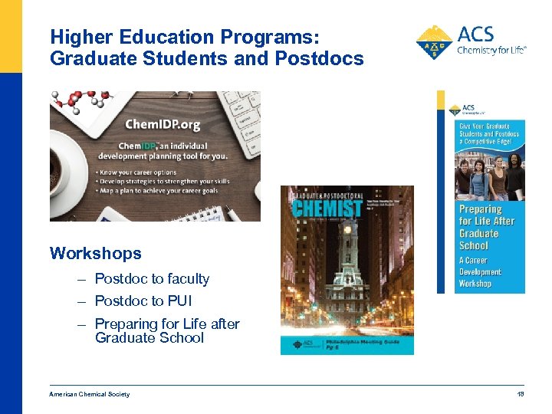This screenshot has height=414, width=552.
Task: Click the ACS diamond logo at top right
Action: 434,42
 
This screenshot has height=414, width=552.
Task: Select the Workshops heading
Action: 96,253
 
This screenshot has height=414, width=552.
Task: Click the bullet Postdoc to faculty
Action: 152,279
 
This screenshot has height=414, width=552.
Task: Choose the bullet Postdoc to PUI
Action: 143,301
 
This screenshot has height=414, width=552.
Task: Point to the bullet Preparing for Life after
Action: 167,324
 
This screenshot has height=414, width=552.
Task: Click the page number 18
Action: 521,394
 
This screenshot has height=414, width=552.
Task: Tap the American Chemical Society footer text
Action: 90,394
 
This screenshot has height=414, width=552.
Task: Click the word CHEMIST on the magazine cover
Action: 326,207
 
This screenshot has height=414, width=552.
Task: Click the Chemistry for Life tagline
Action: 491,51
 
